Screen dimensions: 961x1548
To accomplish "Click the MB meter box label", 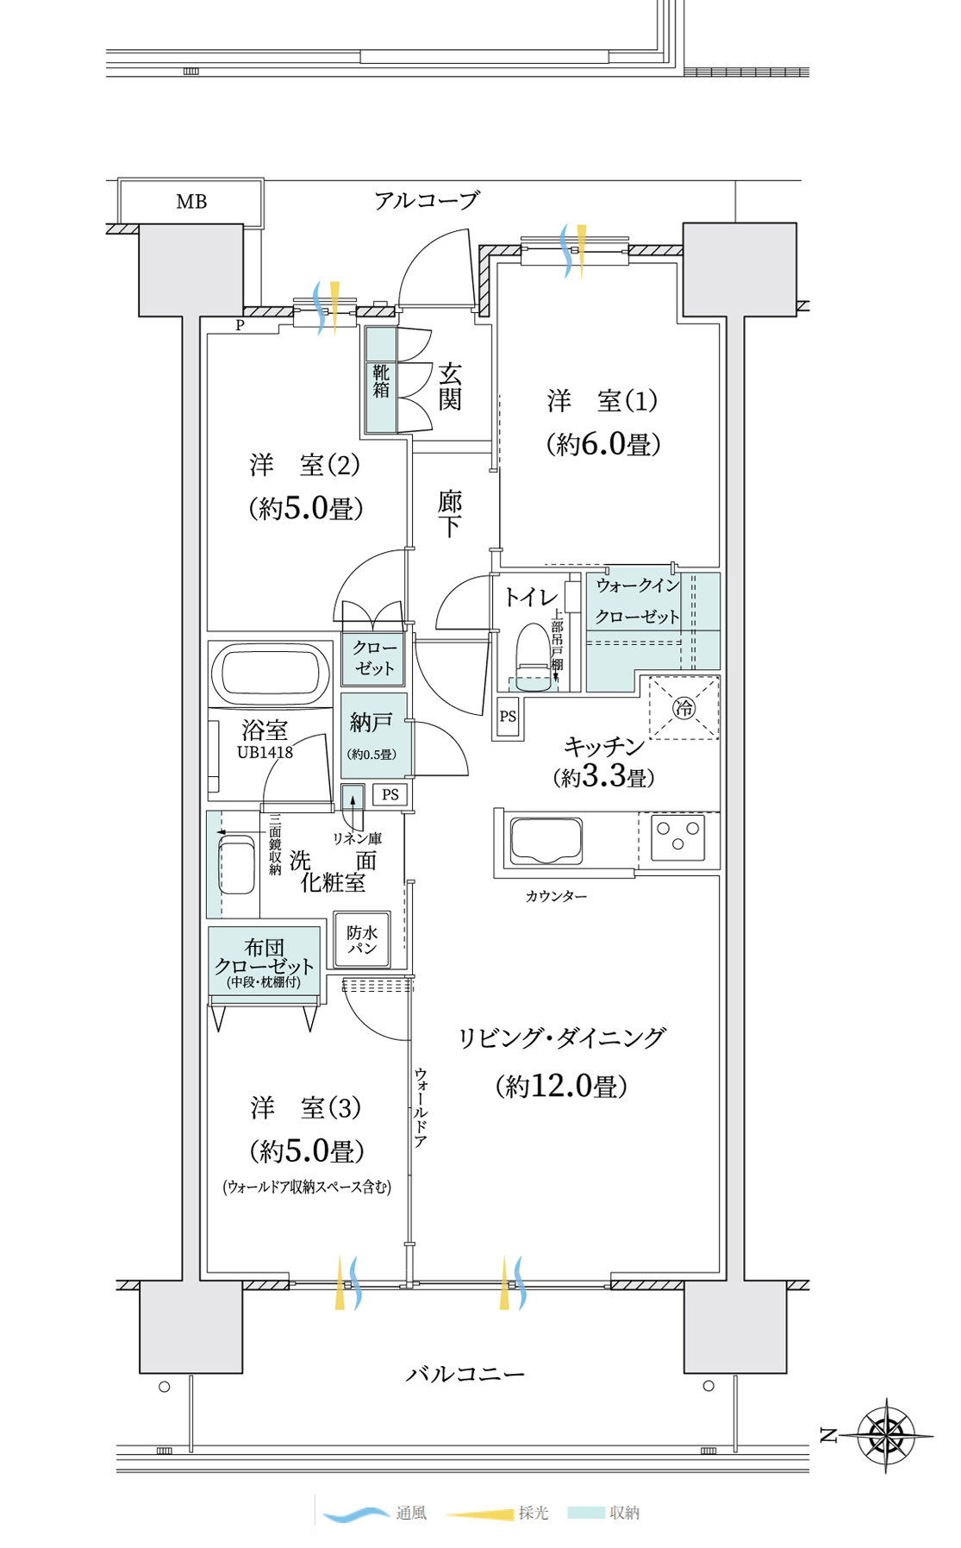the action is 191,202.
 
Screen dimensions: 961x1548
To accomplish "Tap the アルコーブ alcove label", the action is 427,201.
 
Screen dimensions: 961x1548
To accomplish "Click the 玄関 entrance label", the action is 450,386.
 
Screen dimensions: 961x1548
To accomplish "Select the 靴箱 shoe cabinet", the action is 381,379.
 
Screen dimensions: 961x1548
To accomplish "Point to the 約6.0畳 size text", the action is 603,444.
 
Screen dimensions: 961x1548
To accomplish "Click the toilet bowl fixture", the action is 533,653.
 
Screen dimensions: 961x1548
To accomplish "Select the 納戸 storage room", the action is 374,735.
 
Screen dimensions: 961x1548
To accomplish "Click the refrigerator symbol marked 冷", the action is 683,709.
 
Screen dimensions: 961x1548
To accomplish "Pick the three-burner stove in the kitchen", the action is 677,837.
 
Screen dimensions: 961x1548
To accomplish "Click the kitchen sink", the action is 546,840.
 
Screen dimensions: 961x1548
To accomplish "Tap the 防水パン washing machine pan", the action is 363,939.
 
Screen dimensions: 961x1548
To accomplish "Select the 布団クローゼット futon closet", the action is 265,961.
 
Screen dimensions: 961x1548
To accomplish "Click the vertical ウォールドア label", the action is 421,1107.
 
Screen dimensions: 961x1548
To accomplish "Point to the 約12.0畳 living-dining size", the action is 561,1086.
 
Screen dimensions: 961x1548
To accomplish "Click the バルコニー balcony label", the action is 465,1374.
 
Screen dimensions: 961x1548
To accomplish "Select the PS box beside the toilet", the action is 509,717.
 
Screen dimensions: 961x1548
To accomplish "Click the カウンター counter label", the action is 556,897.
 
